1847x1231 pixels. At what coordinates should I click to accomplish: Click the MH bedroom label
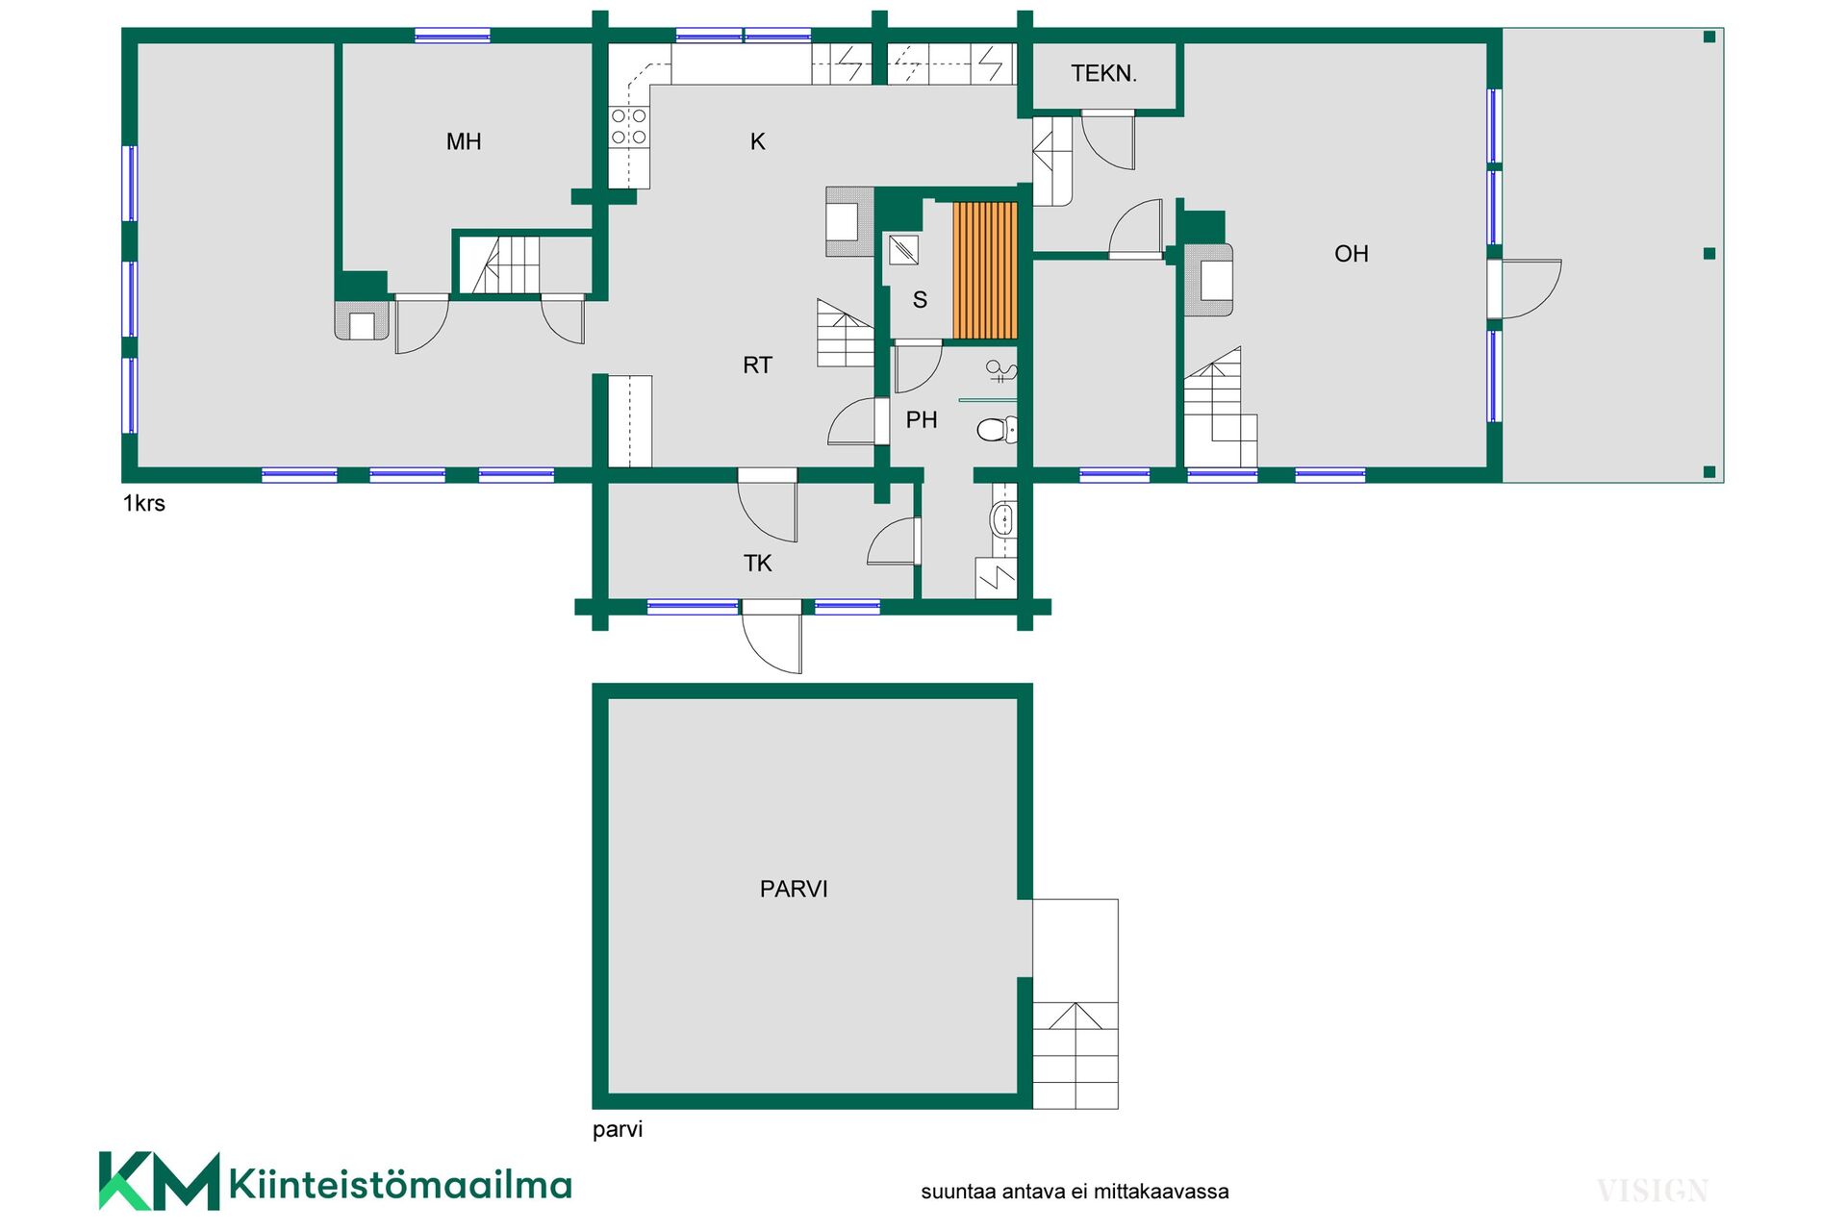coord(464,142)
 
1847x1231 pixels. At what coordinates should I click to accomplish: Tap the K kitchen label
coord(758,142)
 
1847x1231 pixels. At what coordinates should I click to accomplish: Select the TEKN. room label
coord(1103,73)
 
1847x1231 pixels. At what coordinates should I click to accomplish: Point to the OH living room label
coord(1352,254)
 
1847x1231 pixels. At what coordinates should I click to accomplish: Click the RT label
coord(758,365)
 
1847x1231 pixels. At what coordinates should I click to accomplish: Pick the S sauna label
coord(921,300)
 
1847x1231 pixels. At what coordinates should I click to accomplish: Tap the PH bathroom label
coord(922,420)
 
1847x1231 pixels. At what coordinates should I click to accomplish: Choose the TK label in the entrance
coord(758,564)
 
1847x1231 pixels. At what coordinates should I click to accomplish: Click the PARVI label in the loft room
coord(794,890)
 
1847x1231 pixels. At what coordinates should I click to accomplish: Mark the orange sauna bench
coord(985,270)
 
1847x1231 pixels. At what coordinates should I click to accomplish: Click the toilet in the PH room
coord(998,429)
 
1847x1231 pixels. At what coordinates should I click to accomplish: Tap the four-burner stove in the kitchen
coord(629,128)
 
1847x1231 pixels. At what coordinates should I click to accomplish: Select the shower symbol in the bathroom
coord(1001,369)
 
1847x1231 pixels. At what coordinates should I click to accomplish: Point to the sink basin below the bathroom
coord(1002,519)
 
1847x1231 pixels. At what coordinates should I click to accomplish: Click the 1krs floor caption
coord(144,504)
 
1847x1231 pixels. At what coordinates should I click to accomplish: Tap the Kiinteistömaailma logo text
coord(400,1184)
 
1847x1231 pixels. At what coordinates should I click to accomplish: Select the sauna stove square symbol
coord(903,250)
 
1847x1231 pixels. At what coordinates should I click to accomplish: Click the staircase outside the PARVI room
coord(1075,1004)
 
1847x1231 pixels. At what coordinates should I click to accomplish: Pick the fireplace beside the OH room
coord(1209,280)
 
